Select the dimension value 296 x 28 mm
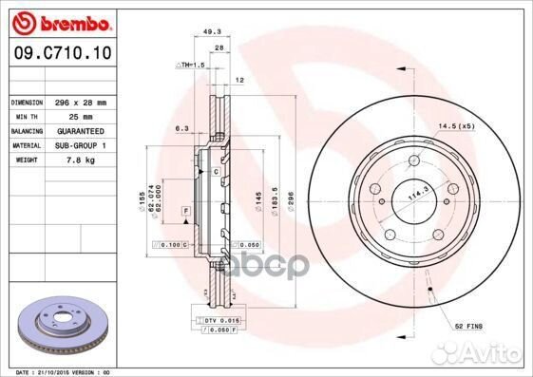(80, 102)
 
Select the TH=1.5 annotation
(190, 64)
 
